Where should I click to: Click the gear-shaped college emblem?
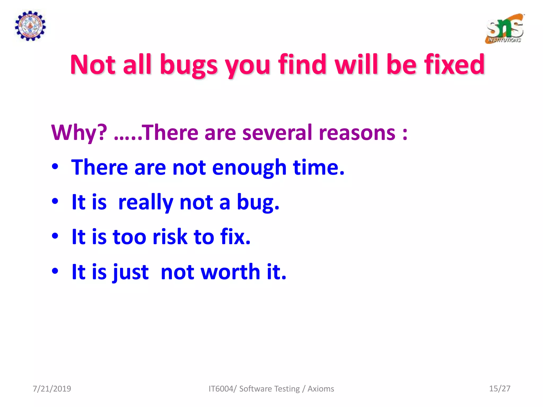coord(30,26)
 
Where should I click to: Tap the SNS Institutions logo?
coord(505,29)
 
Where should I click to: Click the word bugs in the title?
coord(189,65)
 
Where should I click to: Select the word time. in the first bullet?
coord(318,167)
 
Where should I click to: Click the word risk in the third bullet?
coord(170,237)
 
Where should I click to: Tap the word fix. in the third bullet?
coord(235,237)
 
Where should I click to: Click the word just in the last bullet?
coord(130,272)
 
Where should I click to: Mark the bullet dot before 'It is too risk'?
coord(55,236)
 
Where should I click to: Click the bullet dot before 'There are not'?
coord(55,167)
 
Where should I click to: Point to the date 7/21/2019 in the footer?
coord(52,389)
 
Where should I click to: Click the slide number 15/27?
coord(500,388)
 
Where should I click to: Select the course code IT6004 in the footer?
coord(221,389)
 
